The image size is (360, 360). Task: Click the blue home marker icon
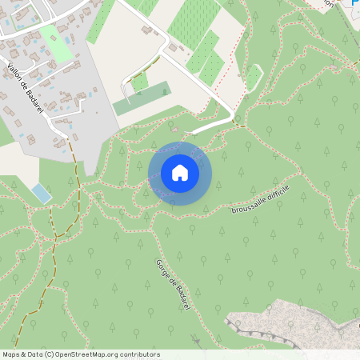tap(180, 173)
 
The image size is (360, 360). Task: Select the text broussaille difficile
tap(259, 199)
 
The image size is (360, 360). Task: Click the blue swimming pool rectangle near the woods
tap(41, 192)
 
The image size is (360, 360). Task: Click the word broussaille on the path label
tap(246, 206)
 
